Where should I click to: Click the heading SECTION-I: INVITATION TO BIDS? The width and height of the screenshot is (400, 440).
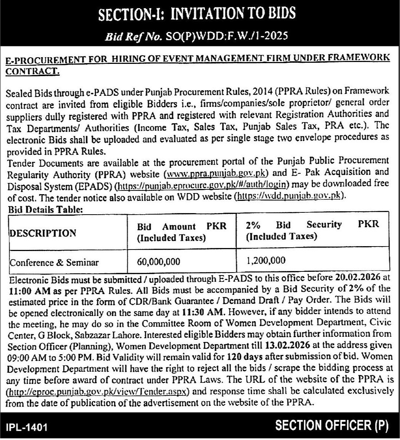[197, 14]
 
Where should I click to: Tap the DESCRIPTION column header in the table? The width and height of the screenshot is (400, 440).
[43, 233]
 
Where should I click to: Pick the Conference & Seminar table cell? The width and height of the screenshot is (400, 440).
[54, 263]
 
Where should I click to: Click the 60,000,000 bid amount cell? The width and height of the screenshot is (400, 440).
[158, 262]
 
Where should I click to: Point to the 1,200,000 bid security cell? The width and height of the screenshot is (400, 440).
[266, 260]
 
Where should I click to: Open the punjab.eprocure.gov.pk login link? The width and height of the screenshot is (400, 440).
[202, 184]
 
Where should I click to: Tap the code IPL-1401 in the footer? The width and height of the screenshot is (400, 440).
[27, 427]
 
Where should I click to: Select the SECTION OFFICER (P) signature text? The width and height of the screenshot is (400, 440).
[331, 426]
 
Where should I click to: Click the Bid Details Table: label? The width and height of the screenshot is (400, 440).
[45, 209]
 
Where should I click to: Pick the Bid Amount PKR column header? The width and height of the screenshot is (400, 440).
[182, 226]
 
